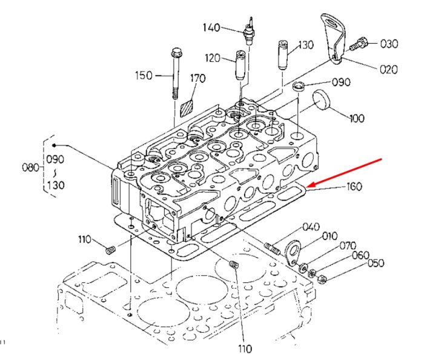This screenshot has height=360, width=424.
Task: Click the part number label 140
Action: click(211, 27)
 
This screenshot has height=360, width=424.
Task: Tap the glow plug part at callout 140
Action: click(250, 30)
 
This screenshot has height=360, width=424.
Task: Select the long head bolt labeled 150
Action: click(176, 73)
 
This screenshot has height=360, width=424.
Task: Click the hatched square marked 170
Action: click(187, 108)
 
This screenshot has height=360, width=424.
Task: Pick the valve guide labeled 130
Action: click(283, 55)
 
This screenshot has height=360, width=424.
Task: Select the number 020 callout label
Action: click(388, 70)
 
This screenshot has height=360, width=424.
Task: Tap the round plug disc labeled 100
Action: click(322, 100)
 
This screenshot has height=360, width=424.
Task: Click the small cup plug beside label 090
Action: click(299, 85)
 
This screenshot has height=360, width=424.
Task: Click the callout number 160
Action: click(354, 187)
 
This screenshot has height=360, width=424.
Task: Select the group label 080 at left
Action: click(30, 167)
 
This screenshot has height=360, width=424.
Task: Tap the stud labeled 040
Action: click(272, 248)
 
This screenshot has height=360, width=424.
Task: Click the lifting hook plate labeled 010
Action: click(293, 252)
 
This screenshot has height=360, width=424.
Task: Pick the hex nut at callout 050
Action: click(322, 279)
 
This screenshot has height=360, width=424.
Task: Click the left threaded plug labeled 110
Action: click(110, 250)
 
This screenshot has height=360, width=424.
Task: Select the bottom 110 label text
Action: click(245, 348)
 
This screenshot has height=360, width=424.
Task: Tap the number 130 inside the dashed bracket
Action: click(56, 185)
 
